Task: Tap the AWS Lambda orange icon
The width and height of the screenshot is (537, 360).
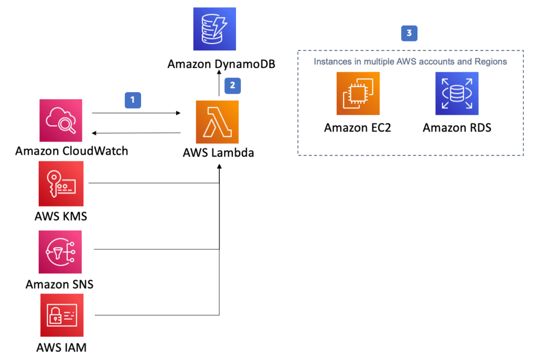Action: coord(217,122)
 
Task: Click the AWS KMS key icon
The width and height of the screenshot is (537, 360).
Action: coord(61,183)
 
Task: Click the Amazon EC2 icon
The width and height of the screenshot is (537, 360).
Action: coord(358,93)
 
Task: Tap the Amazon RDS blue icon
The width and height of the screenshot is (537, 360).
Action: coord(457,93)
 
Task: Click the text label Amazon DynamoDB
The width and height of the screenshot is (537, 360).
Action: coord(221,64)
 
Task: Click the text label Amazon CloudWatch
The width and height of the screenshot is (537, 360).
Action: coord(71,151)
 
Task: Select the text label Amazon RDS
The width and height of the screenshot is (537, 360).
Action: coord(457,127)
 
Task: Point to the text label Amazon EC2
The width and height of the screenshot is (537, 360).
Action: coord(358,127)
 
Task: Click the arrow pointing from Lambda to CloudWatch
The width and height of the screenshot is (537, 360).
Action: coord(136,134)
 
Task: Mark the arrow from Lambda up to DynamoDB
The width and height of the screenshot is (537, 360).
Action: coord(219,86)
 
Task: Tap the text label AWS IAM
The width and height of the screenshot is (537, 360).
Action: coord(61,347)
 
